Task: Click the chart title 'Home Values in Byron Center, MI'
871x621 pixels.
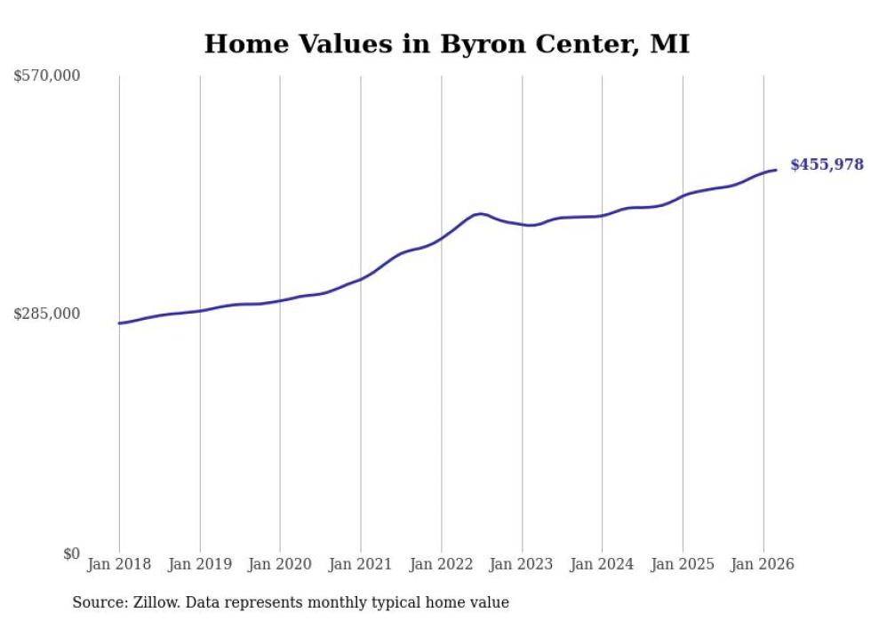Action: pos(446,44)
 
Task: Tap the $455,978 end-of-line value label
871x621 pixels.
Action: pos(826,164)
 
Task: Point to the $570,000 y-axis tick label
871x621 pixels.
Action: pos(47,76)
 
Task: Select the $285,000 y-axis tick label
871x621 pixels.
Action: pos(47,314)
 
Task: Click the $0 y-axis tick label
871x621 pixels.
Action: pos(71,553)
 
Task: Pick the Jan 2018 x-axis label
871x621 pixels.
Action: pos(119,564)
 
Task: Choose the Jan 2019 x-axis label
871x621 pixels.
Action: pos(200,564)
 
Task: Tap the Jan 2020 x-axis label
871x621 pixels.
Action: pos(280,564)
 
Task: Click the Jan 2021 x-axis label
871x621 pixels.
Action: pos(361,564)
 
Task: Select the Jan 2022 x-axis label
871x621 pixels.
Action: pos(441,564)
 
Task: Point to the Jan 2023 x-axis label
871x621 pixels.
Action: pos(522,564)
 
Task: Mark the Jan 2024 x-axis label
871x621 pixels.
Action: pos(602,564)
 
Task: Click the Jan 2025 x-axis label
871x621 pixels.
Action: pos(683,564)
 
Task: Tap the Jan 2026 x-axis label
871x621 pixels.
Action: pos(763,564)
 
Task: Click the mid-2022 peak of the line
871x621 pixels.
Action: pos(481,213)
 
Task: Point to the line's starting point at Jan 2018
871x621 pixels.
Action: pos(120,323)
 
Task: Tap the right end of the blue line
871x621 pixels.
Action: pos(776,170)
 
